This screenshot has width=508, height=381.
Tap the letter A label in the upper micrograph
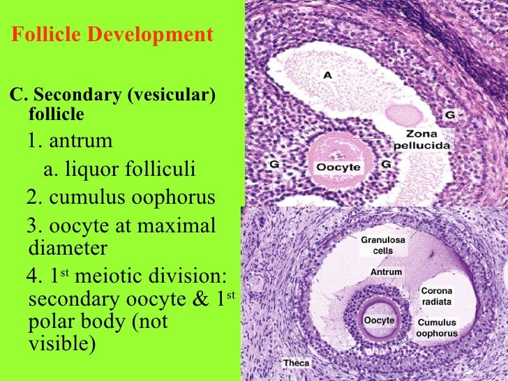pyautogui.click(x=327, y=75)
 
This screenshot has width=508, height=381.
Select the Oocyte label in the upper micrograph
pyautogui.click(x=338, y=167)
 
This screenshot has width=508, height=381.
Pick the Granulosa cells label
pyautogui.click(x=382, y=245)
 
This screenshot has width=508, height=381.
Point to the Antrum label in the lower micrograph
pyautogui.click(x=386, y=271)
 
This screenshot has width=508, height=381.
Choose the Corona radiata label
pyautogui.click(x=436, y=297)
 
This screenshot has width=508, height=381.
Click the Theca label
pyautogui.click(x=296, y=364)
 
